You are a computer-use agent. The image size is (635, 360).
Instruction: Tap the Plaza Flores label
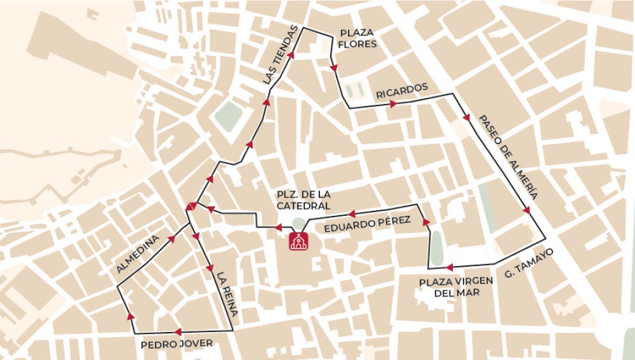coord(358,39)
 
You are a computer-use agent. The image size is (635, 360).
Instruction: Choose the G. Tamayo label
coord(528,263)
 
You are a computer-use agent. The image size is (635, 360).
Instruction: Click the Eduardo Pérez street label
coord(367,225)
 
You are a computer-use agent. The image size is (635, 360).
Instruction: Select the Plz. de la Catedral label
coord(304,199)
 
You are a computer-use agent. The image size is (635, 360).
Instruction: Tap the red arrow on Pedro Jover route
coord(177,331)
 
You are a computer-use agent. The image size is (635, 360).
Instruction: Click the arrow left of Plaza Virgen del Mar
coord(449,267)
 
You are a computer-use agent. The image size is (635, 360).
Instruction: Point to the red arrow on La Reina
coord(210,268)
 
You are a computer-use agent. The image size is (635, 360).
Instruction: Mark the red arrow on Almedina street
coord(171,239)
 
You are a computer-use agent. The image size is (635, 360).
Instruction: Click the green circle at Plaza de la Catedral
coord(298,223)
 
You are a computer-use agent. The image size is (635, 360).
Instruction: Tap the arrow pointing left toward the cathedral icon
coord(277,227)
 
